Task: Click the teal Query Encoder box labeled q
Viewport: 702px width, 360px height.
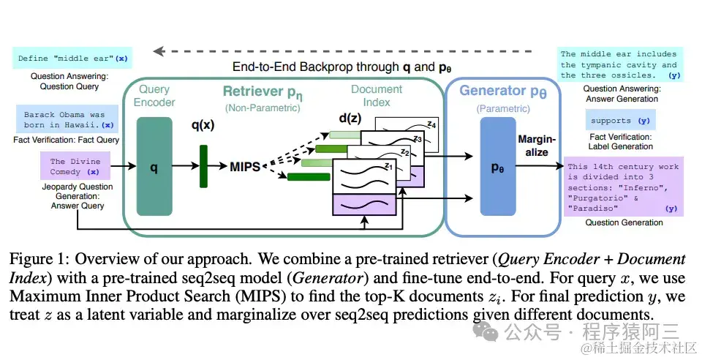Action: click(x=154, y=167)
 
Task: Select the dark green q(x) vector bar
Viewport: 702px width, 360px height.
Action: click(x=203, y=167)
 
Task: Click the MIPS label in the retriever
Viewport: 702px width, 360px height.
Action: click(x=246, y=167)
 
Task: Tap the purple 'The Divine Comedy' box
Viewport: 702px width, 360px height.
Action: click(x=75, y=167)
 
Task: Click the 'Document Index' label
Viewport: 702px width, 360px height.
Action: click(x=377, y=95)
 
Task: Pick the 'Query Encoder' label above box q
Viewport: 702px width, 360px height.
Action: click(x=154, y=96)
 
